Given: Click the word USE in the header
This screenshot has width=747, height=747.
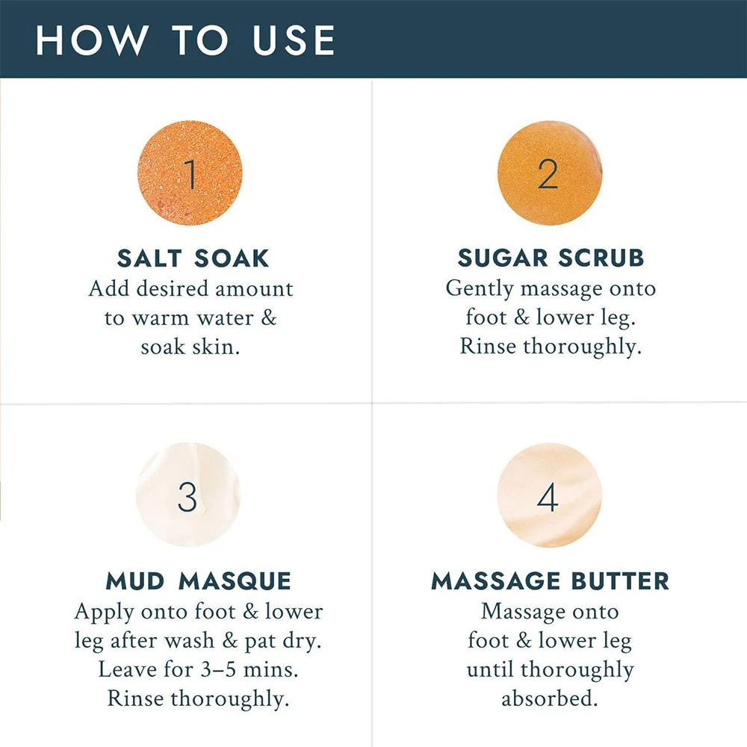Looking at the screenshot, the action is click(294, 40).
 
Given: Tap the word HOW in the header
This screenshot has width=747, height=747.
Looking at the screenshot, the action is click(91, 40).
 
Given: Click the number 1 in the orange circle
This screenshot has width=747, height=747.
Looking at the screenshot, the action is click(190, 173).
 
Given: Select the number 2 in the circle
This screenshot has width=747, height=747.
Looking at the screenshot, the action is click(548, 173).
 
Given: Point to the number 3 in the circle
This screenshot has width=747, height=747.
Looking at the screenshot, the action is click(187, 497).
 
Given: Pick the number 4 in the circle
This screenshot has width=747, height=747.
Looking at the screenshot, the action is click(548, 497).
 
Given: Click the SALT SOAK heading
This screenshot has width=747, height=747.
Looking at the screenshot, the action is click(193, 258).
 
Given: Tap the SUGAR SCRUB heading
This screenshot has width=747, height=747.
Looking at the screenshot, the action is click(551, 258).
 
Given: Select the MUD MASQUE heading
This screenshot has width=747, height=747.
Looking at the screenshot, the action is click(198, 581).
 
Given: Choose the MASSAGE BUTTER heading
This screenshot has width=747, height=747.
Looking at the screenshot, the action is click(551, 581).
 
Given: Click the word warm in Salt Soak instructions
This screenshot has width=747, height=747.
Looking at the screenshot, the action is click(160, 318).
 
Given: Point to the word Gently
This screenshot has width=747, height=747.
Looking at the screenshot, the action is click(480, 289).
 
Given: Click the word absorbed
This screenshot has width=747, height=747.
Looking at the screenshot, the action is click(549, 698).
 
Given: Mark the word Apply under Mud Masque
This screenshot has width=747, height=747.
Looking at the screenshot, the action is click(105, 613).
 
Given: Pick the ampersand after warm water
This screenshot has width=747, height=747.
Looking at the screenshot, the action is click(269, 317).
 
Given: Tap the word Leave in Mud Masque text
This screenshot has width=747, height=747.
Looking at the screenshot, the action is click(127, 669).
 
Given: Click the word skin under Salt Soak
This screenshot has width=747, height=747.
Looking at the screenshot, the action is click(216, 347).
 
